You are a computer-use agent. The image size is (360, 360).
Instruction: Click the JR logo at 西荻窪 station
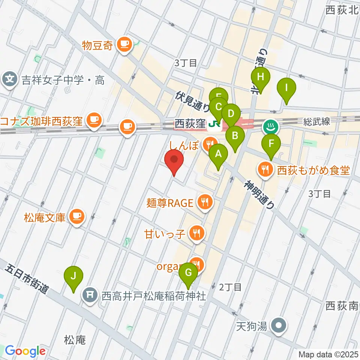tap(215, 123)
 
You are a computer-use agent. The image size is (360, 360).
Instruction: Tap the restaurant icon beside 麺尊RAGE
tap(205, 203)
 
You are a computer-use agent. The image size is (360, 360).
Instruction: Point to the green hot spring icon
tap(271, 126)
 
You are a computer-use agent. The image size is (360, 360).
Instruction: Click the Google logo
tap(25, 351)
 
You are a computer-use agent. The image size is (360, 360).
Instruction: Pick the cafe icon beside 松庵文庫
tap(77, 216)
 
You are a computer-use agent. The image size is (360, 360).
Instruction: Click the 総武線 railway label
tap(317, 121)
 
